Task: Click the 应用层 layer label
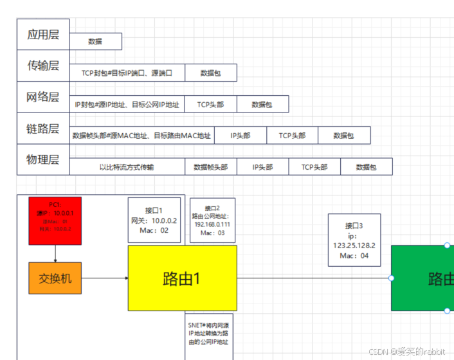coord(42,35)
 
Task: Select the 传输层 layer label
coord(42,66)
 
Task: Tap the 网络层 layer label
coord(42,97)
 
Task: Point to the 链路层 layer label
coord(42,129)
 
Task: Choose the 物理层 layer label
coord(42,159)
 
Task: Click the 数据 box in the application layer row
coord(95,41)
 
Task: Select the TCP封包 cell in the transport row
coord(127,73)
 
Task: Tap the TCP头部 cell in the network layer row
coord(210,104)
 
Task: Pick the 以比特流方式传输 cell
coord(127,167)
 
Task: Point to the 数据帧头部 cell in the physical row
coord(210,167)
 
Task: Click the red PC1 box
coord(55,221)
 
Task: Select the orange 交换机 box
coord(55,278)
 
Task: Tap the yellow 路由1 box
coord(182,278)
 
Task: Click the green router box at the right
coord(422,278)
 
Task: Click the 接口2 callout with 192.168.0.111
coord(212,220)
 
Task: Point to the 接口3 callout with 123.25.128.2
coord(354,240)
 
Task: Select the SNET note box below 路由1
coord(208,334)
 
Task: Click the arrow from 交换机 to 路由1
coord(105,278)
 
